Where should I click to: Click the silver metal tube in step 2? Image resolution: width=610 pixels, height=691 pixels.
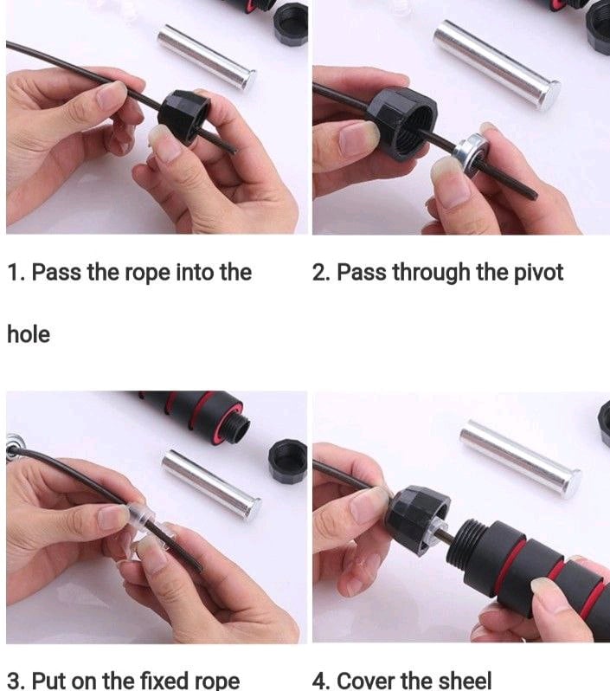pos(497,64)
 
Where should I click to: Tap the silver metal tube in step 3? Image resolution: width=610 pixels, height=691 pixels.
pos(211,483)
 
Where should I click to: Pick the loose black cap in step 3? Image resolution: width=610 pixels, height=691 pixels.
pos(287,461)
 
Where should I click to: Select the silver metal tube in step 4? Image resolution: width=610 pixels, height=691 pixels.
pos(521,460)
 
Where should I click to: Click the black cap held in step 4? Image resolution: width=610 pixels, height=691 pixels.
pos(419,518)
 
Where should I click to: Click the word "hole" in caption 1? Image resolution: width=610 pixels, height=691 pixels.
pos(29,334)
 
